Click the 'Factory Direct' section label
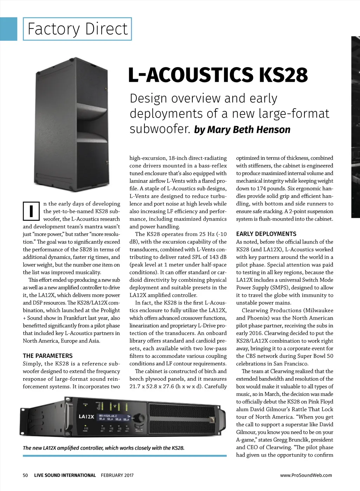point(77,29)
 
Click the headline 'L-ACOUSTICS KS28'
point(218,75)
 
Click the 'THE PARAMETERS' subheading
point(48,356)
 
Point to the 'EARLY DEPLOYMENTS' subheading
point(266,234)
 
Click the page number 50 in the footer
point(25,475)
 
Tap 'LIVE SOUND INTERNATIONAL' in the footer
point(65,475)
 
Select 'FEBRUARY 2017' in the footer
point(117,475)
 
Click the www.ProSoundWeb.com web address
point(306,475)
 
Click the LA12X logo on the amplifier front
point(86,417)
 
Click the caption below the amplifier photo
point(104,448)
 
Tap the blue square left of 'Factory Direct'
point(8,29)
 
